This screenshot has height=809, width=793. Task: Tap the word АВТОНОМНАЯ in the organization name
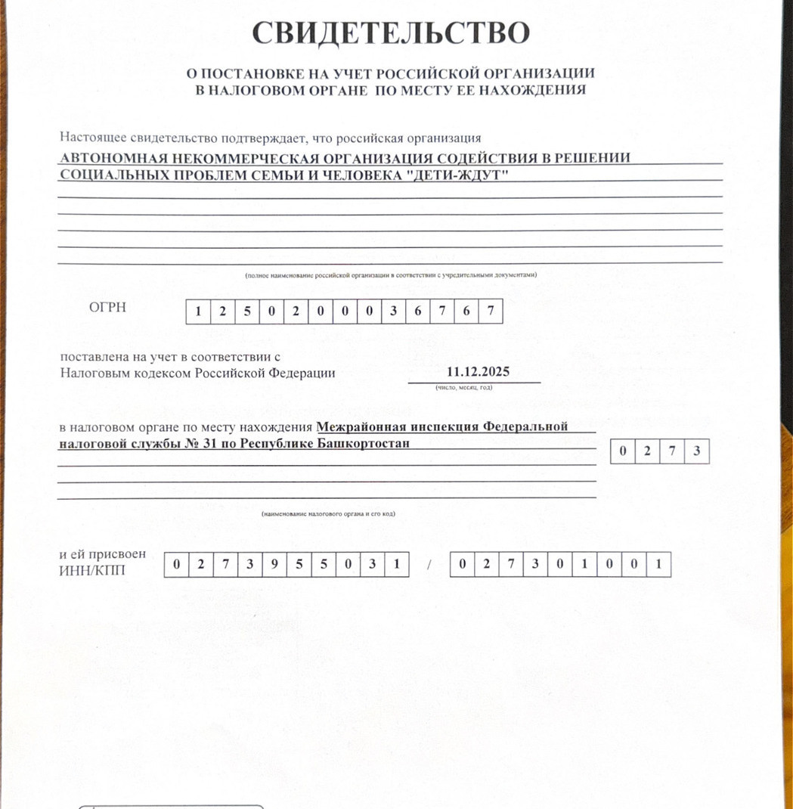(104, 158)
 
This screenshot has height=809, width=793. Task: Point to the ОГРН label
(107, 307)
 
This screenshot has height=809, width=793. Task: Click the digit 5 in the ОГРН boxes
(247, 312)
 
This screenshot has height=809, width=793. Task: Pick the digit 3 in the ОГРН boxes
(392, 312)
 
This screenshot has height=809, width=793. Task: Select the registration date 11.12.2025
(478, 372)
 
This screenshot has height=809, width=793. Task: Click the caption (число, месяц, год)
(463, 387)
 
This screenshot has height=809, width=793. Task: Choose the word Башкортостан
(362, 443)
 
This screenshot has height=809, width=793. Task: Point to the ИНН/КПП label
(92, 569)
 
